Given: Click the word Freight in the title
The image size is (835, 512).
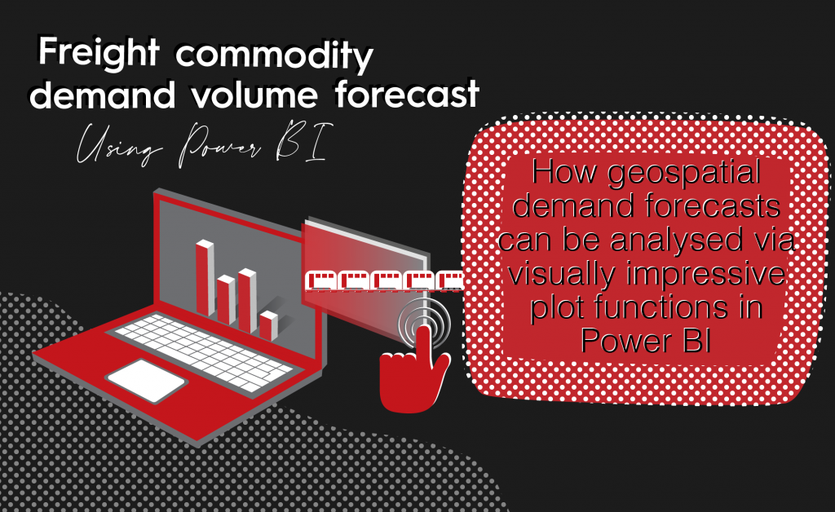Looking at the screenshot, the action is click(x=99, y=53).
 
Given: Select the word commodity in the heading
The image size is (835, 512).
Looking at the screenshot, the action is click(x=275, y=55).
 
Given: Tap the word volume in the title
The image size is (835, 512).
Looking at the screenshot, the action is click(x=254, y=95).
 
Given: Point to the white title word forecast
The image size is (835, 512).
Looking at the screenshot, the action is click(x=408, y=95).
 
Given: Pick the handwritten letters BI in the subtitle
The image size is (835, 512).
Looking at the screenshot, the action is click(x=302, y=141).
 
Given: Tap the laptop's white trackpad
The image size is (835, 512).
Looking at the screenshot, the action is click(x=147, y=380).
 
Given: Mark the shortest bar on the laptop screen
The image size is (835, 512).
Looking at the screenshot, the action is click(x=269, y=326).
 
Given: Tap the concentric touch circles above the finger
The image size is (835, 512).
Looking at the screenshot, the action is click(x=424, y=323).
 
